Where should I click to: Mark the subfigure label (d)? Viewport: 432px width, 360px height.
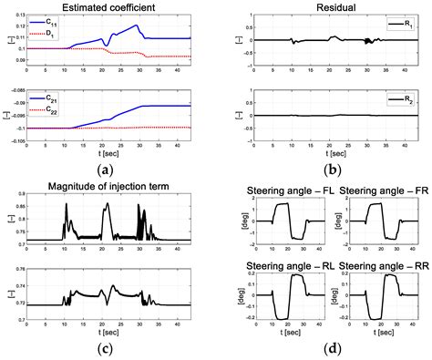tap(326, 346)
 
